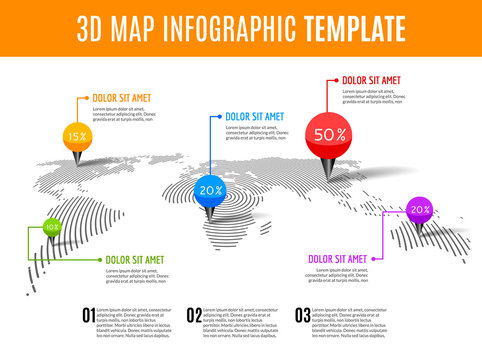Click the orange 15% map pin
76,135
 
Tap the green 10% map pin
51,228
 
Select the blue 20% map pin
210,189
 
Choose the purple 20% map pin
419,210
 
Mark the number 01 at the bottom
89,316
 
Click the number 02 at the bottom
194,316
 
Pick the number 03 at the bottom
302,316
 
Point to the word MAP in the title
123,27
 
